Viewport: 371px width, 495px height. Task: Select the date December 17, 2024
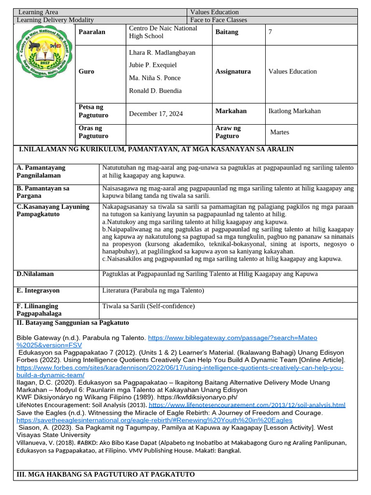156,114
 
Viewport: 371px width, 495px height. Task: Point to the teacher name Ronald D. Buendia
155,90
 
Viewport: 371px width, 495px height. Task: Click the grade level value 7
271,32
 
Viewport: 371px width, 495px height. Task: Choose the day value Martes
280,132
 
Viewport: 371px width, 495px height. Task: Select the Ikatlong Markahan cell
294,111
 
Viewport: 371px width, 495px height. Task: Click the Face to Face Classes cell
218,20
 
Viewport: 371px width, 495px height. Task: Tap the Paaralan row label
92,32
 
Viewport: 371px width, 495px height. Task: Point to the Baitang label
227,32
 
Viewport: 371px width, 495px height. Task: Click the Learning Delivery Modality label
56,20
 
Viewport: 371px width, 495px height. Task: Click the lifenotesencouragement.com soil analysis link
247,405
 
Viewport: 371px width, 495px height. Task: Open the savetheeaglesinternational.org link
154,420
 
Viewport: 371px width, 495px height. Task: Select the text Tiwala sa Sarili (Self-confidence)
148,306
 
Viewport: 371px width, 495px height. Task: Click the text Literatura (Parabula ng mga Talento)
153,291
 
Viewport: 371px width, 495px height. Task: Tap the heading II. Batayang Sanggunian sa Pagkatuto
72,322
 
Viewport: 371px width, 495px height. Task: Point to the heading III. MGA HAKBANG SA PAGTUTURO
105,474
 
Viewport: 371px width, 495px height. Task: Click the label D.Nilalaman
35,274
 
